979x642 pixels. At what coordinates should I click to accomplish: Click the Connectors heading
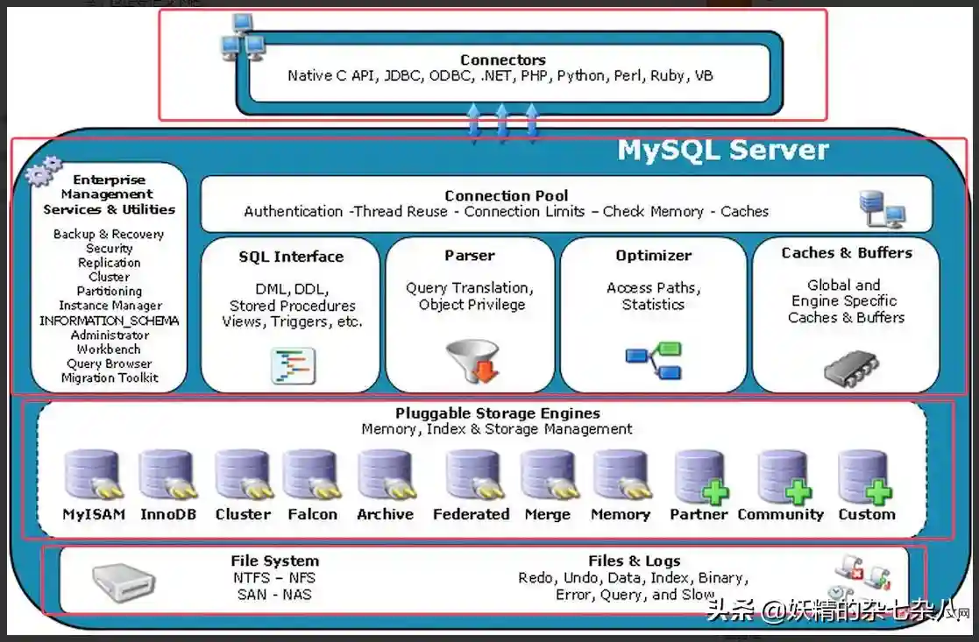point(502,60)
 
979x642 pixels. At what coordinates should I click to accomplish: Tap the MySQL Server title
point(722,150)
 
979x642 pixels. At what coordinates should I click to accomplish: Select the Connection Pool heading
point(506,196)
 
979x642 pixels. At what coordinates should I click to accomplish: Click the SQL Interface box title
point(291,257)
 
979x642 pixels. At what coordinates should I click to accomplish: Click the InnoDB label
point(168,514)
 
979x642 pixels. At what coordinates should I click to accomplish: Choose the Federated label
point(471,514)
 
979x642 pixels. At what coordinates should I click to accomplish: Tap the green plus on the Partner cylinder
point(715,492)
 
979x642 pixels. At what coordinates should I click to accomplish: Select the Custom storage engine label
point(866,514)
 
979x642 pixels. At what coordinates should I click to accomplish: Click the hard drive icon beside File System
point(124,579)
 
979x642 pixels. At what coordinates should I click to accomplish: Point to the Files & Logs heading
point(634,561)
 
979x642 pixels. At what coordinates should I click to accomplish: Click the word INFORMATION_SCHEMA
point(109,321)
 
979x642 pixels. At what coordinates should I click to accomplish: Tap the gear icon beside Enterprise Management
point(43,171)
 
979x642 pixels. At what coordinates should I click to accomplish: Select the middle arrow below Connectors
point(502,120)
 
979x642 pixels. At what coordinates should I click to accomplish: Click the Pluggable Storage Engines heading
point(497,413)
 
